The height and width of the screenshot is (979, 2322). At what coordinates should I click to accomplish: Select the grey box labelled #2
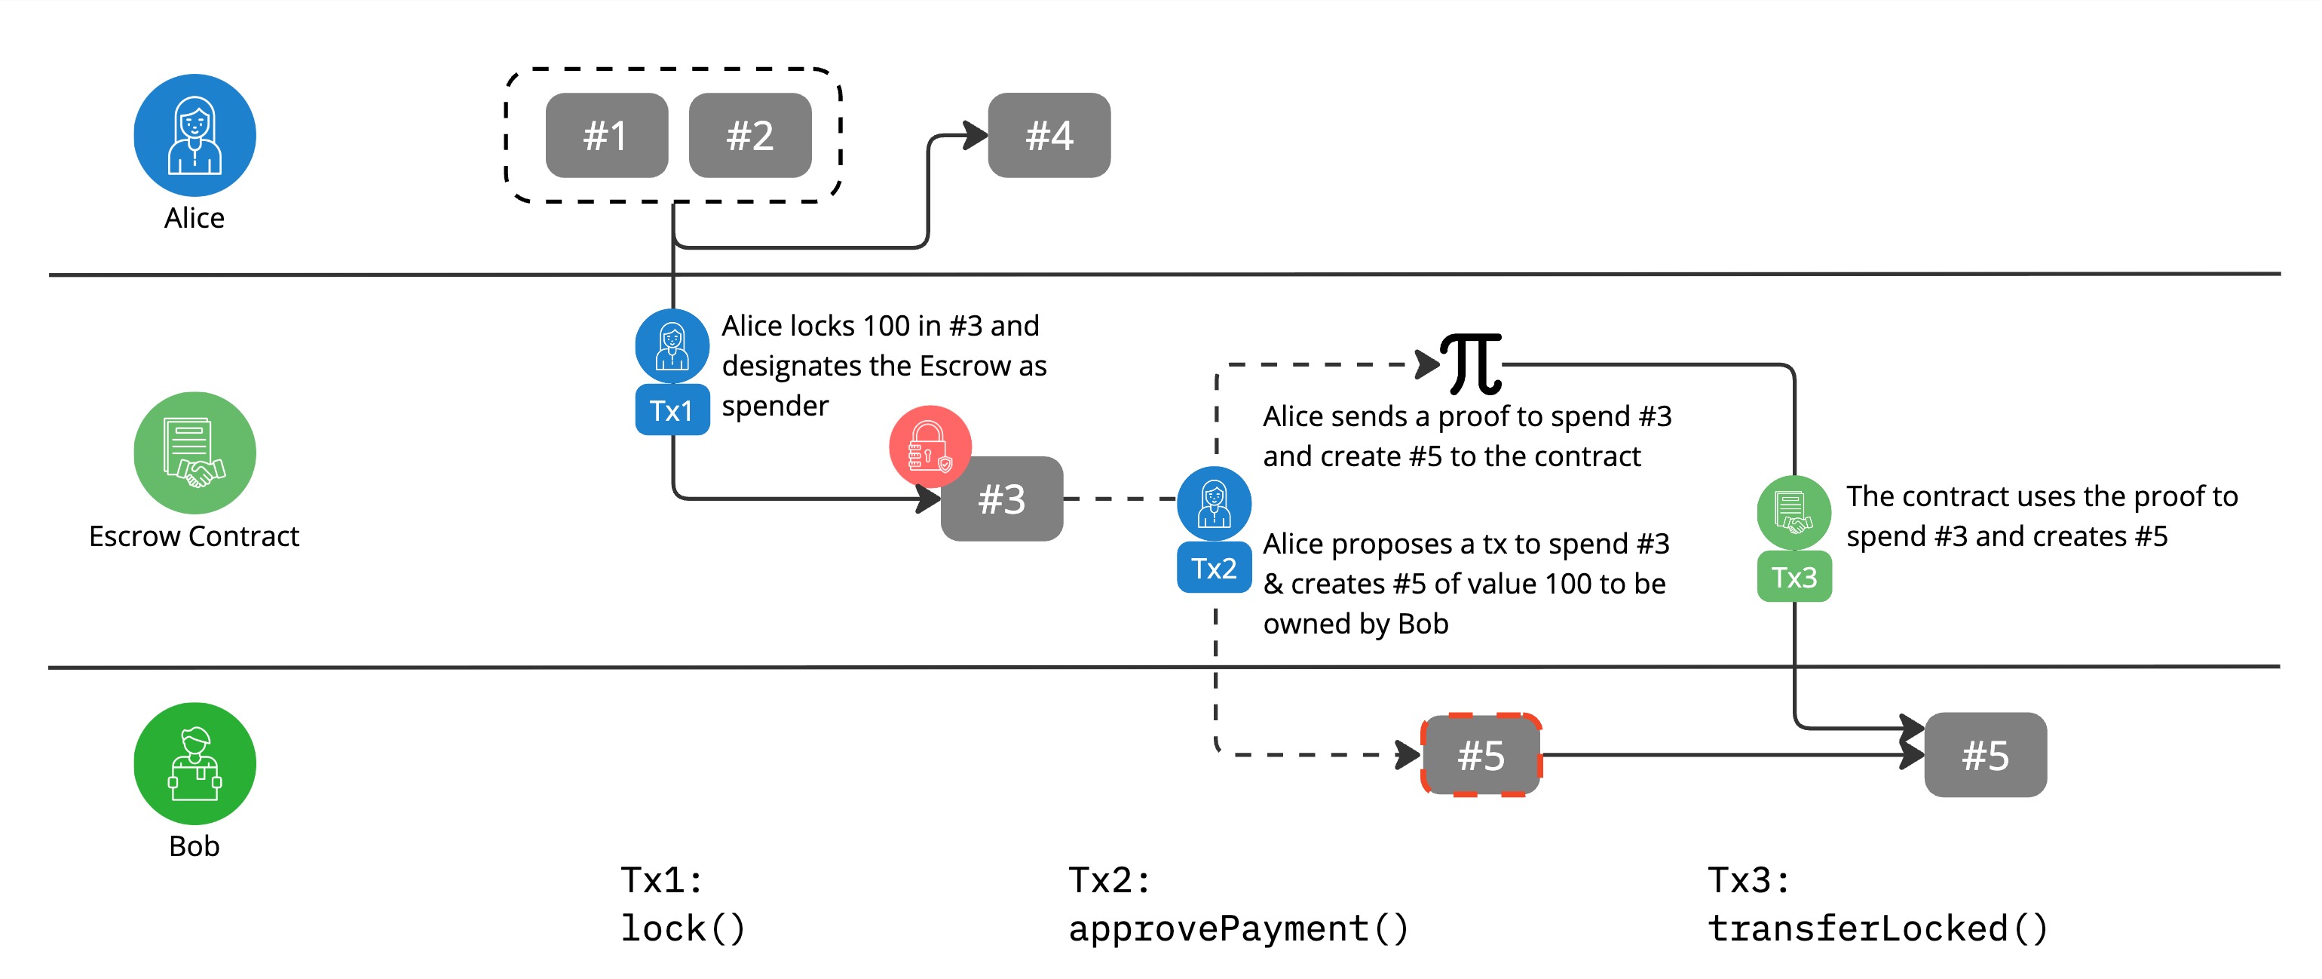[x=750, y=135]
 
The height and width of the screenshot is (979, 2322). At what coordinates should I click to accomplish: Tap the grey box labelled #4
[x=1049, y=135]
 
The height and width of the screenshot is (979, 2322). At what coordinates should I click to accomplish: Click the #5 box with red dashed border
[x=1481, y=756]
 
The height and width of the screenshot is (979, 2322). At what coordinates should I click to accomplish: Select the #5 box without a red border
[x=1985, y=756]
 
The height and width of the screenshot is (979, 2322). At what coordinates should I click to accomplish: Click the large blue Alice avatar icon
[x=195, y=135]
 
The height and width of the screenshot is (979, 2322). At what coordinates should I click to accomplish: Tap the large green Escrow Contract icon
[x=195, y=453]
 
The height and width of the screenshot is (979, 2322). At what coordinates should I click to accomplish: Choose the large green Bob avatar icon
[x=195, y=763]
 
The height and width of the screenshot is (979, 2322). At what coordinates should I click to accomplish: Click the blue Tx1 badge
[x=672, y=410]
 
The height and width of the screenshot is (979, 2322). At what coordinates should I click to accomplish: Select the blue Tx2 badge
[x=1215, y=568]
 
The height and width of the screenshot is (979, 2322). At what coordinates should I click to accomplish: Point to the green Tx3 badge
[x=1794, y=577]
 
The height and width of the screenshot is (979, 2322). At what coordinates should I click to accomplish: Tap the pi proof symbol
[x=1471, y=364]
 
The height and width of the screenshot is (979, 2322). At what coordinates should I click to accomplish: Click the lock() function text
[x=682, y=928]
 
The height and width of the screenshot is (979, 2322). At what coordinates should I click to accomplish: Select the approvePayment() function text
[x=1239, y=928]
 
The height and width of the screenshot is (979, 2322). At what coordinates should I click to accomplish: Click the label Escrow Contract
[x=194, y=536]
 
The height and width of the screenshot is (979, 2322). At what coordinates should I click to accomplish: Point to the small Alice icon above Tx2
[x=1215, y=503]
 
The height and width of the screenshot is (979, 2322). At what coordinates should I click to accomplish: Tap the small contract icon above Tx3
[x=1794, y=512]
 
